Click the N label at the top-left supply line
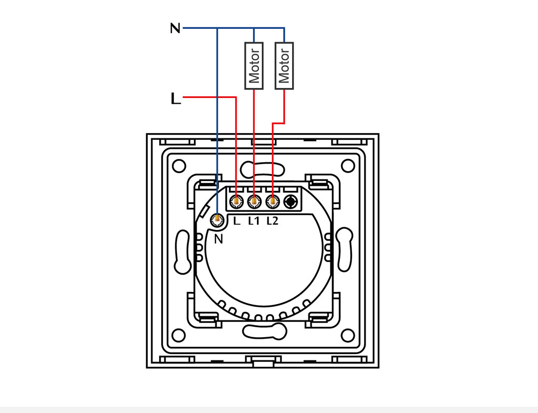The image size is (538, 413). (x=175, y=28)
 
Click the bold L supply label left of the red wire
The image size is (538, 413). (x=175, y=98)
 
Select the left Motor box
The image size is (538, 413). (x=254, y=65)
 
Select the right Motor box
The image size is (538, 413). (x=284, y=65)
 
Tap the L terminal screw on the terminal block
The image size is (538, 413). (x=236, y=200)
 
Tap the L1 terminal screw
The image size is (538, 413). (x=254, y=200)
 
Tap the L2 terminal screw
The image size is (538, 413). (x=272, y=200)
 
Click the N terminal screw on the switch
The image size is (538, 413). (x=217, y=220)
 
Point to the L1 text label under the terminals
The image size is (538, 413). (x=254, y=221)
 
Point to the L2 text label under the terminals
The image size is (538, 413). (x=272, y=221)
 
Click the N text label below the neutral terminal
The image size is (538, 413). (x=219, y=239)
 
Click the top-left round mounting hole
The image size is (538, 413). (x=179, y=166)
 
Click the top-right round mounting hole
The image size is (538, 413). (x=347, y=166)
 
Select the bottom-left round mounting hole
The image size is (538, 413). (x=179, y=335)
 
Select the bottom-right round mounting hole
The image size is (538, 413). (x=347, y=335)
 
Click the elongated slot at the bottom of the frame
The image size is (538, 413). (x=263, y=331)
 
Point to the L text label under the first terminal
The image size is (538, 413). (x=236, y=221)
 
